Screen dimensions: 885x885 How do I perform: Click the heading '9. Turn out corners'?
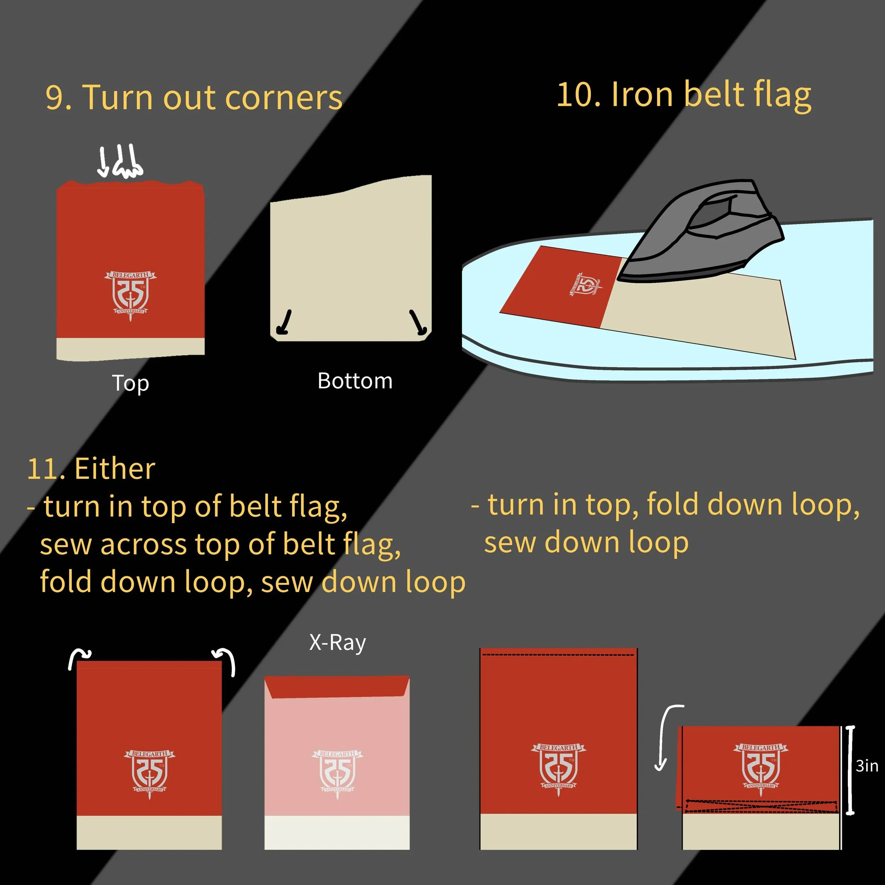click(x=194, y=98)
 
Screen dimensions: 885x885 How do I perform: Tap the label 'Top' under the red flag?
click(x=131, y=383)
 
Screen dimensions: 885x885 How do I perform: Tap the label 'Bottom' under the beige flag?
click(x=355, y=381)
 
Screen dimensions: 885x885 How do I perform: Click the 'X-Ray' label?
click(x=338, y=643)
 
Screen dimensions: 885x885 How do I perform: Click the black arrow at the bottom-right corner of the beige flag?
click(x=418, y=322)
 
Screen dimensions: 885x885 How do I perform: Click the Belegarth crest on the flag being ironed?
click(x=586, y=285)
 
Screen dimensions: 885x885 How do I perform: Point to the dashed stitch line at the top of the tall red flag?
click(x=558, y=655)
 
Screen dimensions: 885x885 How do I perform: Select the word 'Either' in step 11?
click(x=114, y=469)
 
